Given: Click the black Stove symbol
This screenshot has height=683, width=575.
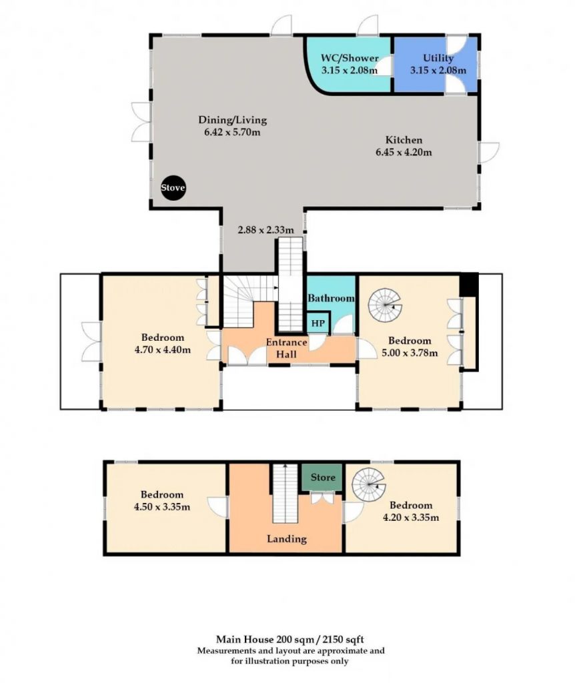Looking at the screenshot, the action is click(x=173, y=187).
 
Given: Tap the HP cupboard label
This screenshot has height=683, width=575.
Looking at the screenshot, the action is click(x=318, y=323).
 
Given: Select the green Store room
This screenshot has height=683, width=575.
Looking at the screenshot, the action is click(x=322, y=478).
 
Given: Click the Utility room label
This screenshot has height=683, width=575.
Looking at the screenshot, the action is click(x=438, y=57).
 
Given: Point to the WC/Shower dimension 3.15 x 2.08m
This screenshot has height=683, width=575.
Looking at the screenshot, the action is click(x=350, y=69).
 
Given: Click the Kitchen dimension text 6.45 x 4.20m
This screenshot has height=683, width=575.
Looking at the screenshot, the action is click(x=404, y=152).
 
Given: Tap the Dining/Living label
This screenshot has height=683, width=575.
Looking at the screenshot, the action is click(x=233, y=120).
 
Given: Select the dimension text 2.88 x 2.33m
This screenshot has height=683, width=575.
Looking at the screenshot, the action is click(x=265, y=229).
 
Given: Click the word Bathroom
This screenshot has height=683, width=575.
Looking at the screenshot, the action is click(x=331, y=298).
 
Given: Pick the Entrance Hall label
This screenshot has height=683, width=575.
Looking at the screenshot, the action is click(x=287, y=348).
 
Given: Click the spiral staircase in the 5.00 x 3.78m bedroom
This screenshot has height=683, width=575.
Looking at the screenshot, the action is click(x=385, y=305).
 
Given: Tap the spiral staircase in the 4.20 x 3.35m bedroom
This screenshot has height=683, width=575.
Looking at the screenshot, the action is click(x=369, y=484).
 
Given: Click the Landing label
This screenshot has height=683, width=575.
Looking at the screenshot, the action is click(x=287, y=539).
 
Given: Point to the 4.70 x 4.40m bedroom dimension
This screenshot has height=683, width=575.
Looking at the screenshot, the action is click(x=163, y=350).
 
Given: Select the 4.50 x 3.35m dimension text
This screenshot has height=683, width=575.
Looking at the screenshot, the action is click(x=162, y=507).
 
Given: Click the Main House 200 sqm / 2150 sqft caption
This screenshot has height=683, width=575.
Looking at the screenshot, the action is click(x=290, y=640).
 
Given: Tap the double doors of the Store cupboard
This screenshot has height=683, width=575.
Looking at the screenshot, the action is click(x=323, y=498).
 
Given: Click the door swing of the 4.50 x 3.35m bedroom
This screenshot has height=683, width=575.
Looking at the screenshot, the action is click(x=217, y=508).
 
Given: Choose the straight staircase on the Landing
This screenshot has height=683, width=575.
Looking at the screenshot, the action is click(x=285, y=494).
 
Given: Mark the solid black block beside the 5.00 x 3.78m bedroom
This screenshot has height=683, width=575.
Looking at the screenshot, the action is click(x=469, y=285).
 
